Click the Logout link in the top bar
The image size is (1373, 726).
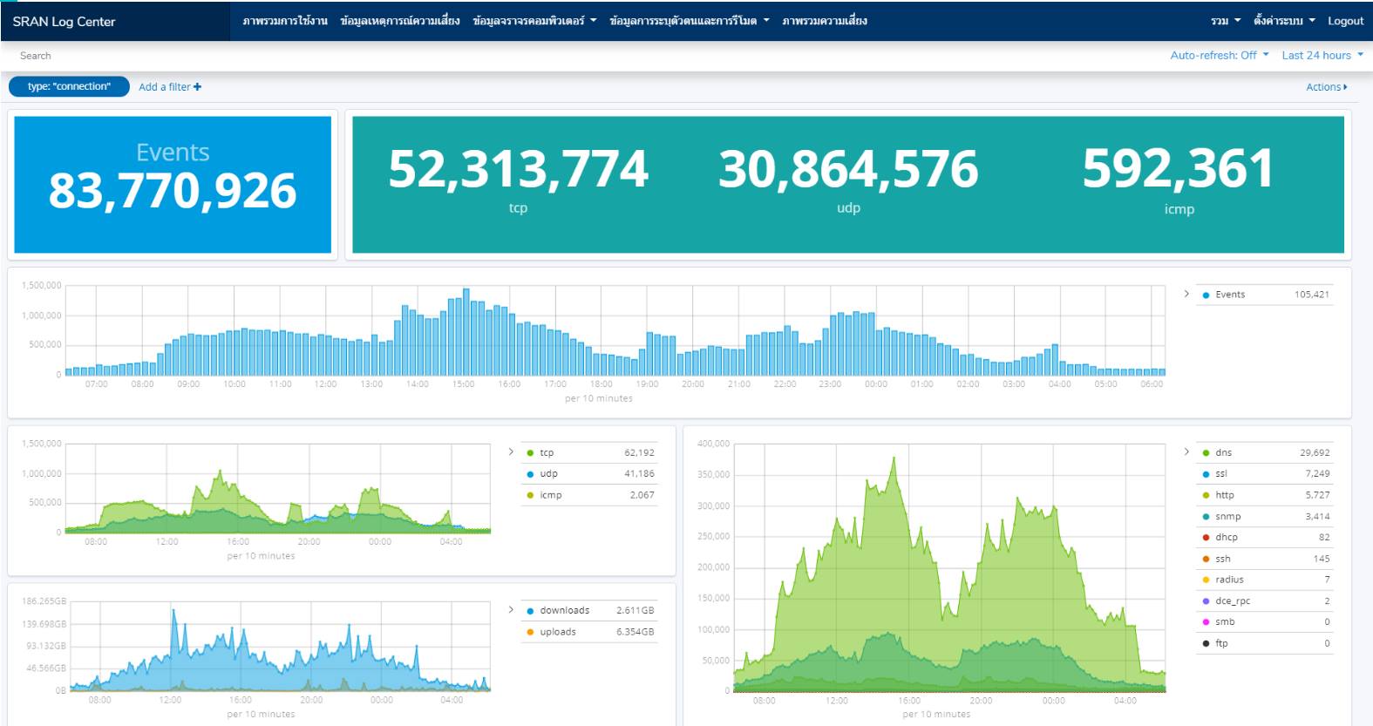coord(1345,21)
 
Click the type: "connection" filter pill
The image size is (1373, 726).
coord(69,86)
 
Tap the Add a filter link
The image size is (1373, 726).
coord(170,87)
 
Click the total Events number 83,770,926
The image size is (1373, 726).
coord(173,191)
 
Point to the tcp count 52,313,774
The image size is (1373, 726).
coord(518,168)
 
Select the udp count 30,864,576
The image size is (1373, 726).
coord(848,168)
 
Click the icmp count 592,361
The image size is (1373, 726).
coord(1178,168)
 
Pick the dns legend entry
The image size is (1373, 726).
coord(1223,453)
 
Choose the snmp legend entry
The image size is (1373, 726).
coord(1227,517)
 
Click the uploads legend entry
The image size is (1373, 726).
coord(557,632)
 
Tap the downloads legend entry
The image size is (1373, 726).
coord(563,611)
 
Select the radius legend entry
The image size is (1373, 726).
coord(1229,580)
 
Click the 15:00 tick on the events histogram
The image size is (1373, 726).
coord(463,384)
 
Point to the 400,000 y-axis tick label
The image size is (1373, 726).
coord(713,444)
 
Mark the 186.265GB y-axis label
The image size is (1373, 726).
coord(44,601)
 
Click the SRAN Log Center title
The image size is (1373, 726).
coord(64,22)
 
